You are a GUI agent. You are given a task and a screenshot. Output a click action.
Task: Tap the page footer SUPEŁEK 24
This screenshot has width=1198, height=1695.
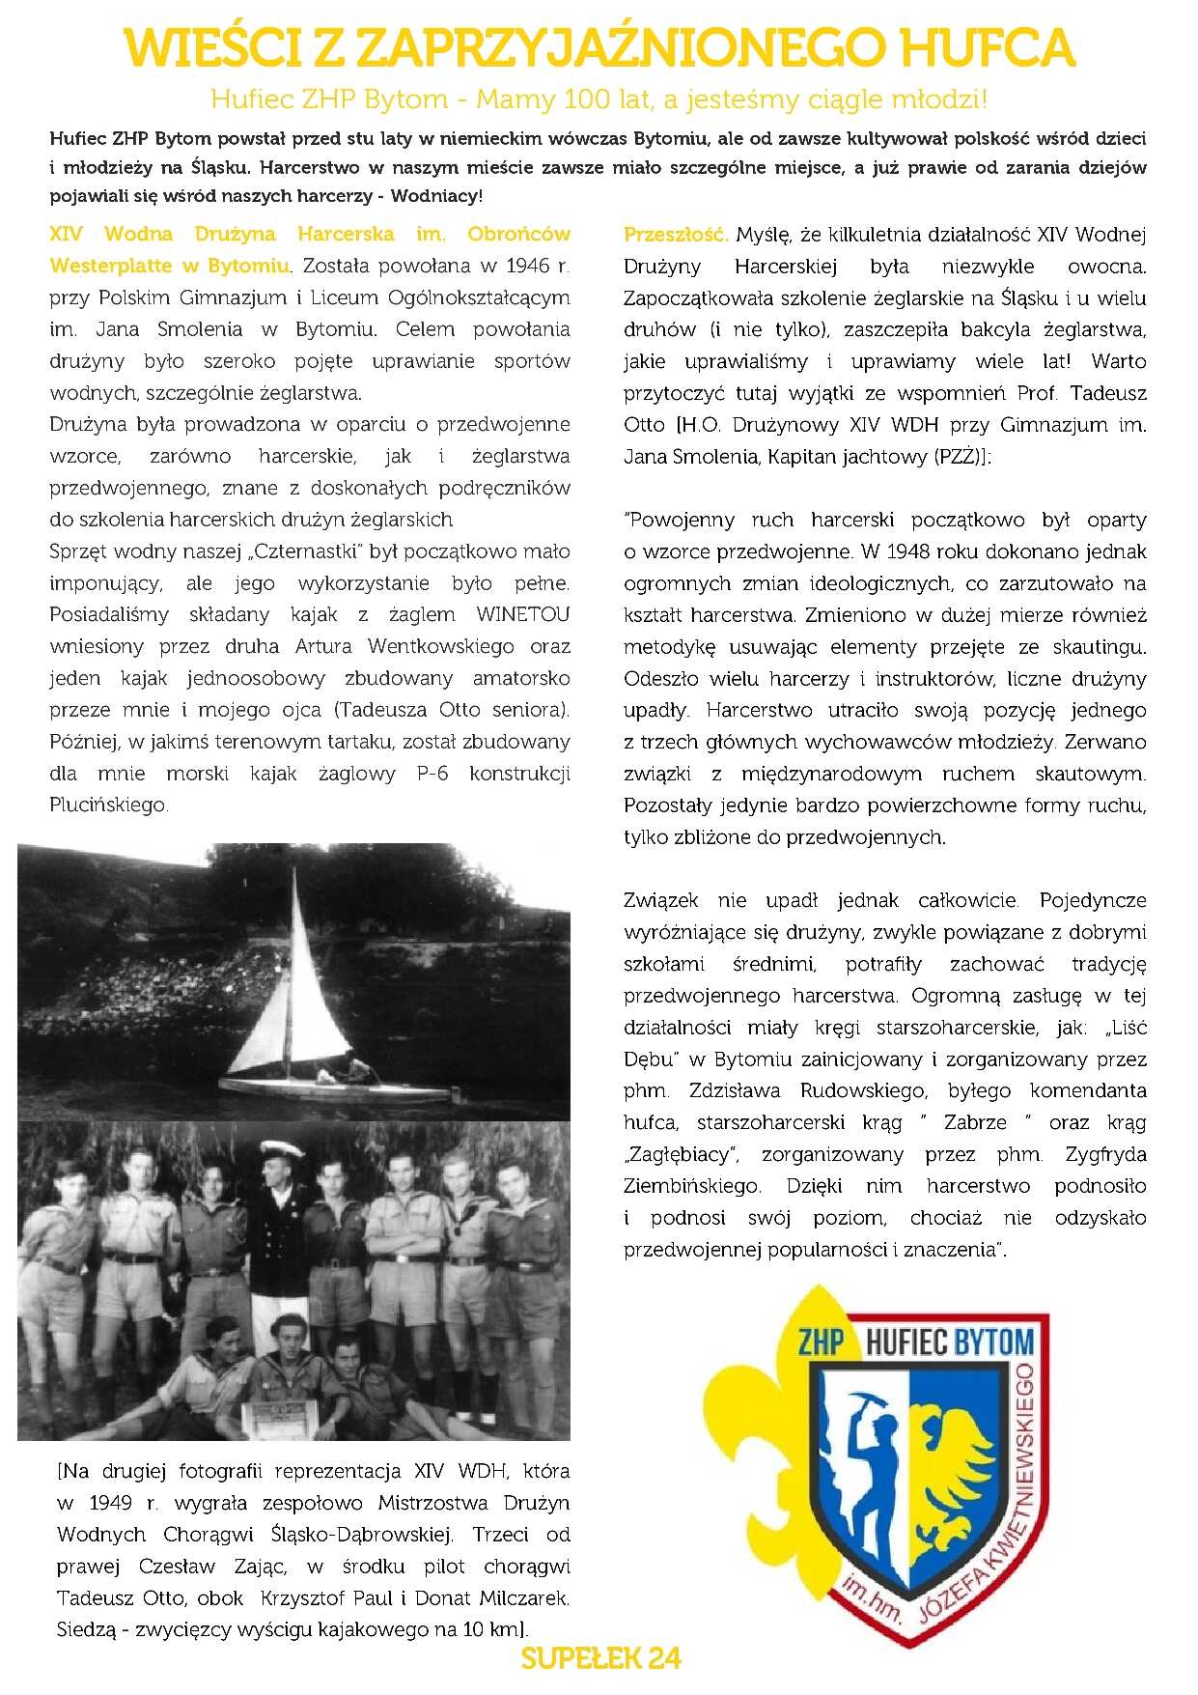tap(600, 1658)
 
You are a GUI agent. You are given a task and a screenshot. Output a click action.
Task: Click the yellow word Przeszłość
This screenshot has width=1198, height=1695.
tap(675, 235)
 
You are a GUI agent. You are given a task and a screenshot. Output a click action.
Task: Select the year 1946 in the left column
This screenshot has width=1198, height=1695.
tap(527, 266)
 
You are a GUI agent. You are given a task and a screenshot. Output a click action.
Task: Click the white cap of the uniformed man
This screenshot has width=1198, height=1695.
tap(280, 1147)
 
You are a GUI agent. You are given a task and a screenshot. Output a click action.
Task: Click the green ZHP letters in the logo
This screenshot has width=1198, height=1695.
tap(822, 1341)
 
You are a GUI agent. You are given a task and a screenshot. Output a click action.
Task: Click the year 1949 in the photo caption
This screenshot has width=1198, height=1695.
tap(110, 1503)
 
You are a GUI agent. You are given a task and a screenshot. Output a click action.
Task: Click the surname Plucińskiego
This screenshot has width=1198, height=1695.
tap(108, 805)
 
